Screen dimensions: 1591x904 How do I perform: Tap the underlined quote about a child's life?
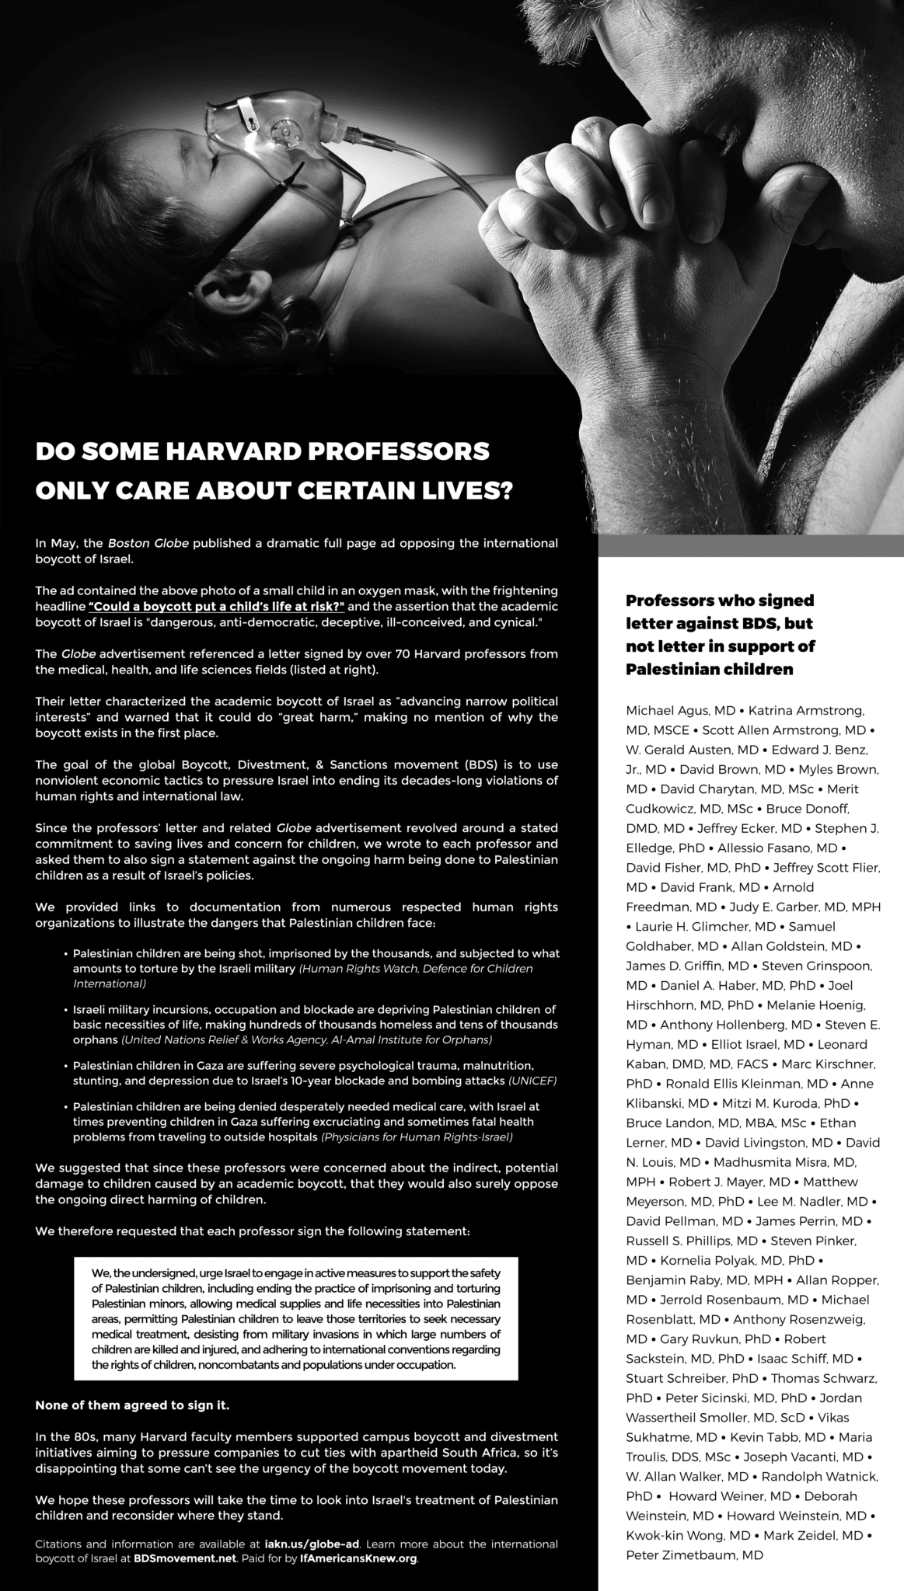click(216, 605)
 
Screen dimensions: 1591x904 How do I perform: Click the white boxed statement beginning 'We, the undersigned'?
click(296, 1318)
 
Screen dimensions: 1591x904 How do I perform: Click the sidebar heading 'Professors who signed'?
click(720, 601)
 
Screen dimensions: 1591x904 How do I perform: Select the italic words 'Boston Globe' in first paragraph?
click(148, 543)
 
